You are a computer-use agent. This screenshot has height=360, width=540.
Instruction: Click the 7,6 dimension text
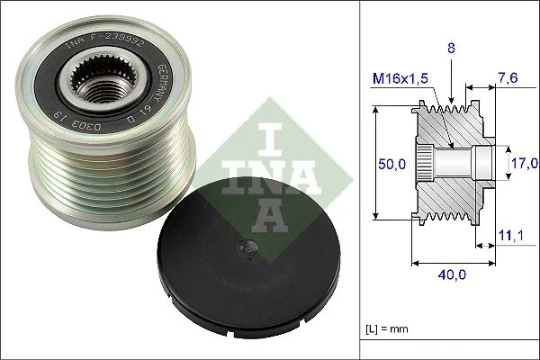[509, 78]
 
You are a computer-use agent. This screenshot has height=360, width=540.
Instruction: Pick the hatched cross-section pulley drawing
[450, 162]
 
